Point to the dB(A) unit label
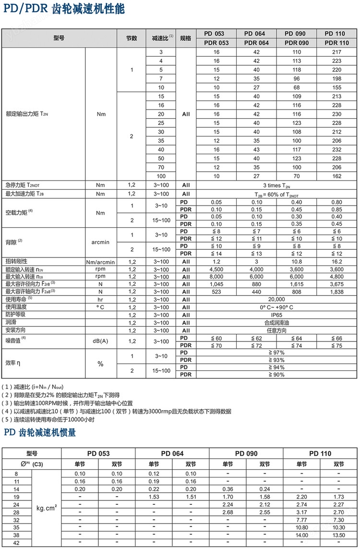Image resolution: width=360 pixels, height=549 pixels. pyautogui.click(x=100, y=342)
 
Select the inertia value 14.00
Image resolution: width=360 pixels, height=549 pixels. pyautogui.click(x=301, y=535)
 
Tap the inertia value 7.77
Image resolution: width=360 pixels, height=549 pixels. pyautogui.click(x=301, y=520)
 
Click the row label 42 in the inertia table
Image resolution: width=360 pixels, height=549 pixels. pyautogui.click(x=17, y=542)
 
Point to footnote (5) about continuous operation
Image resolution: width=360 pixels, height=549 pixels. pyautogui.click(x=48, y=419)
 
